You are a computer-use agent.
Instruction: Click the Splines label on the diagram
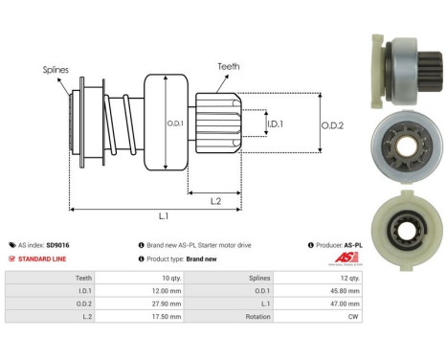[x=55, y=70]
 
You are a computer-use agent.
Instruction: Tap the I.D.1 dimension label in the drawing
[x=275, y=124]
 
